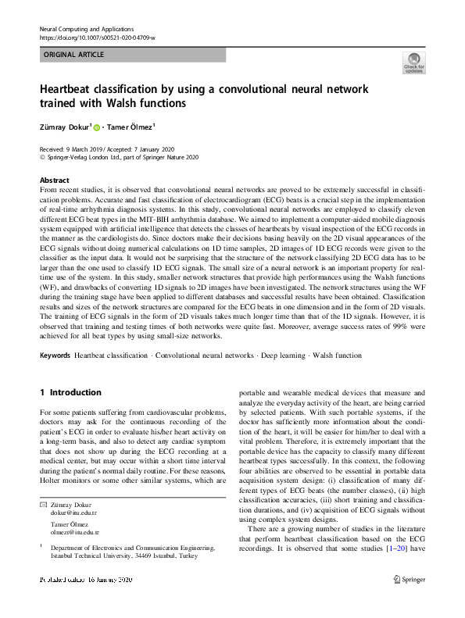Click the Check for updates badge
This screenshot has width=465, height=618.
point(413,63)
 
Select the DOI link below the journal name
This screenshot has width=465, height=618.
point(97,38)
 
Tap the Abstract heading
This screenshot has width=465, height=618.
point(54,179)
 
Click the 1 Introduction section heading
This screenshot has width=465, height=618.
point(70,392)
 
